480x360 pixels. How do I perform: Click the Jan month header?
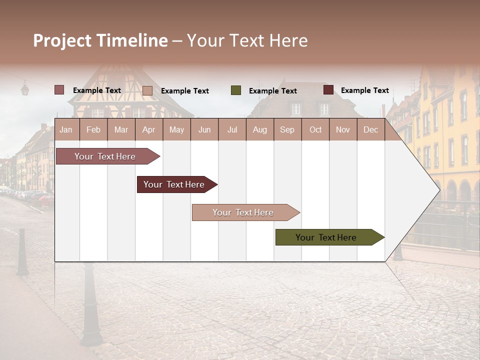66,129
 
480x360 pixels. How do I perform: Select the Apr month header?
148,129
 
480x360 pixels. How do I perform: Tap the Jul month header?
232,129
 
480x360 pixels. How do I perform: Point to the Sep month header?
287,129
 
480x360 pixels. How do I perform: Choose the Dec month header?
370,129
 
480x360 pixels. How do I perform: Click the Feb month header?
93,129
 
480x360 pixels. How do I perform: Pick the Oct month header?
315,129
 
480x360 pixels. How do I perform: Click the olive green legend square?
236,90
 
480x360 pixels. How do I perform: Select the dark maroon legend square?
328,90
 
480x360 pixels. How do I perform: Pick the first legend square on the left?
59,90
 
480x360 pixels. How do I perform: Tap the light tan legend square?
147,90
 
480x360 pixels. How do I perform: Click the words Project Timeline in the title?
100,40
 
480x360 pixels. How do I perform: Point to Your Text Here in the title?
247,40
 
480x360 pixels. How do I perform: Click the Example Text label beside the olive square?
272,91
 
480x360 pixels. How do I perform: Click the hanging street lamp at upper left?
24,89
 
